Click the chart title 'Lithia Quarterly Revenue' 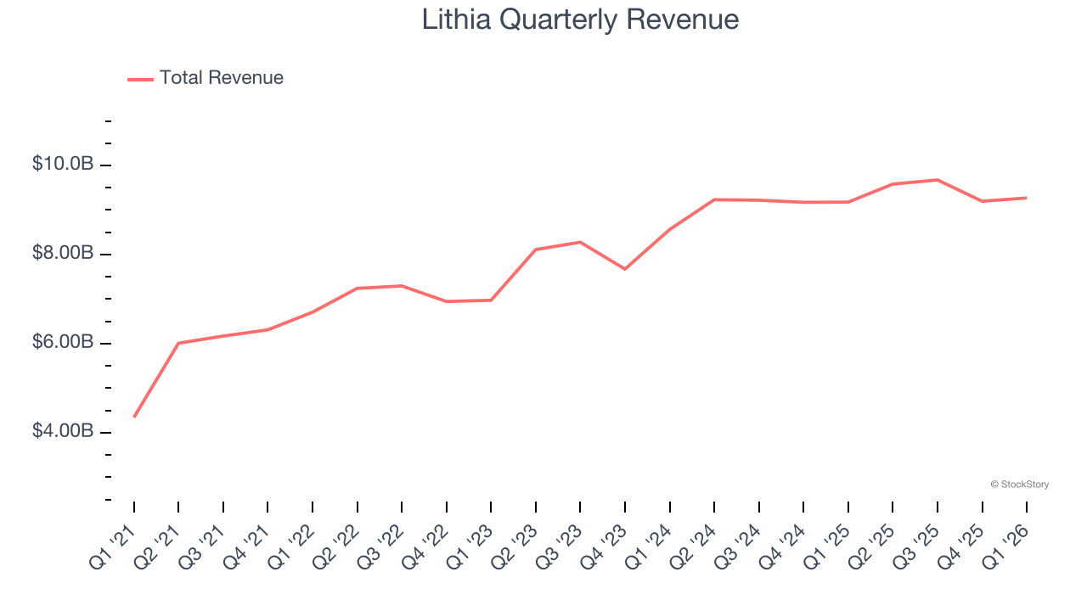coord(580,20)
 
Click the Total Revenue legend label coord(221,78)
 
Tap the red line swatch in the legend coord(140,79)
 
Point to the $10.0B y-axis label coord(63,164)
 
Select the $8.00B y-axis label coord(63,253)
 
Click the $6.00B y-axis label coord(63,342)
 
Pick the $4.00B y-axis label coord(63,431)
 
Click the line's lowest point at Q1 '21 coord(134,417)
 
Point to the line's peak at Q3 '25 coord(938,180)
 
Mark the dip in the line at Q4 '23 coord(625,269)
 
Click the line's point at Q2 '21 coord(178,343)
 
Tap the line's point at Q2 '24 coord(714,199)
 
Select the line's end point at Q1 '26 coord(1027,198)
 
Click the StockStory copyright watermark coord(1019,485)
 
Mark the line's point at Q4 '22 coord(447,301)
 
